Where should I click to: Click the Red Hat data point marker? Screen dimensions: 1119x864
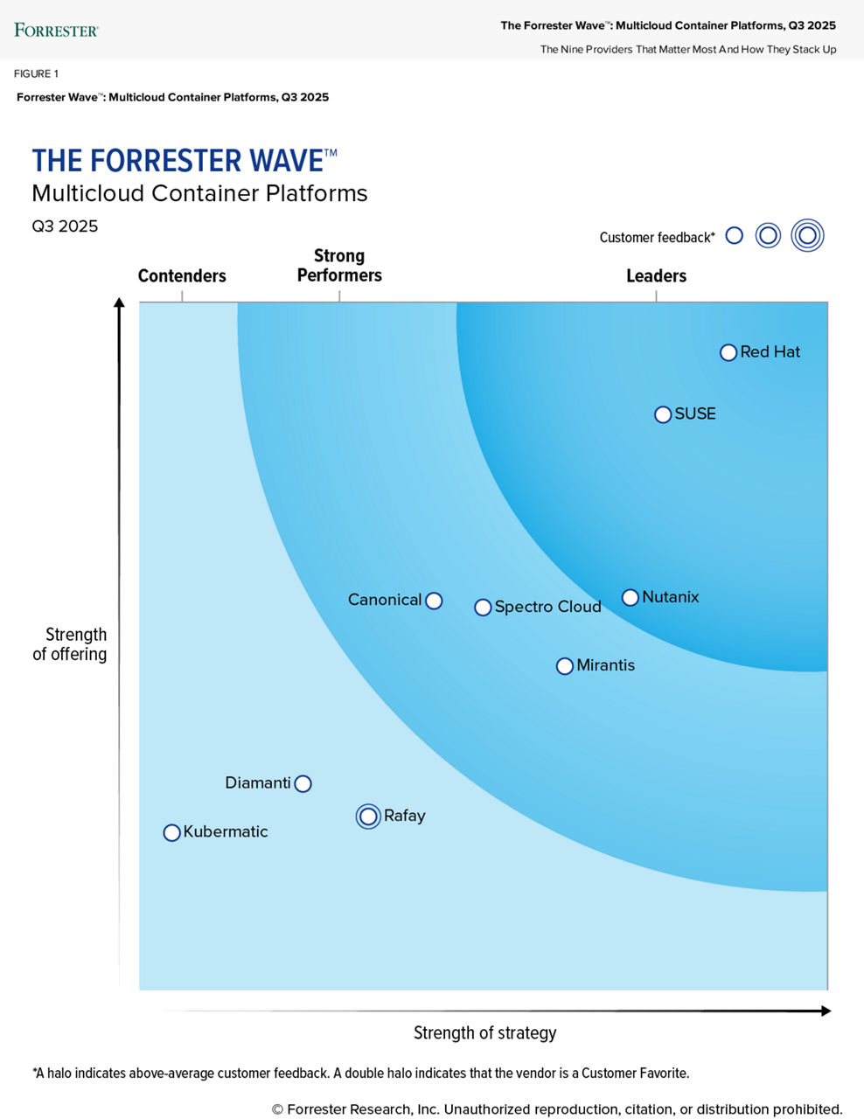pos(728,352)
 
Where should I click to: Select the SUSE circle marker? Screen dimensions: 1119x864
pos(663,414)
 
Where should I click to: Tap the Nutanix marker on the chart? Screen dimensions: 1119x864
pos(630,598)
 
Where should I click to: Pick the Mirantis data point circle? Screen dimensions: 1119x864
pos(565,666)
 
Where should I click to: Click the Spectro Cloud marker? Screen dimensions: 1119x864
pos(483,608)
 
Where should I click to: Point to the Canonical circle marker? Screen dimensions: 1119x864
pos(434,601)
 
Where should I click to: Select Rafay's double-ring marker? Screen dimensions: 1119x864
pos(368,817)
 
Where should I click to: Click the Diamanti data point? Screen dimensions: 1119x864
pos(303,784)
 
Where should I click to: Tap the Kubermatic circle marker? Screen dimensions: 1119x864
pos(171,833)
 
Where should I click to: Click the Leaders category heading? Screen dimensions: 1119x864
pos(656,276)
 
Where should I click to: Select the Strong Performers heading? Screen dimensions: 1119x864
pos(339,266)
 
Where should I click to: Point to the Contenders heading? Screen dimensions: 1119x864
pos(182,276)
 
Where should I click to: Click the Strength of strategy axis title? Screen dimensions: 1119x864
pos(484,1033)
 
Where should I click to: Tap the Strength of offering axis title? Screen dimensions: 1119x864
pos(70,644)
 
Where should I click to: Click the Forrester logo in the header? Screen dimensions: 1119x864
pos(56,31)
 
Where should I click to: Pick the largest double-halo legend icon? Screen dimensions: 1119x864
pos(807,235)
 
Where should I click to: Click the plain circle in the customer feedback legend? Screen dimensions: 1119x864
pos(735,236)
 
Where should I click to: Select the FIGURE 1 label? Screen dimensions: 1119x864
pos(36,73)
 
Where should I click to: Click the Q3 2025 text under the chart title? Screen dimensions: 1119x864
pos(65,226)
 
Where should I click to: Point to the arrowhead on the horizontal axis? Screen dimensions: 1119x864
pos(825,1011)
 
